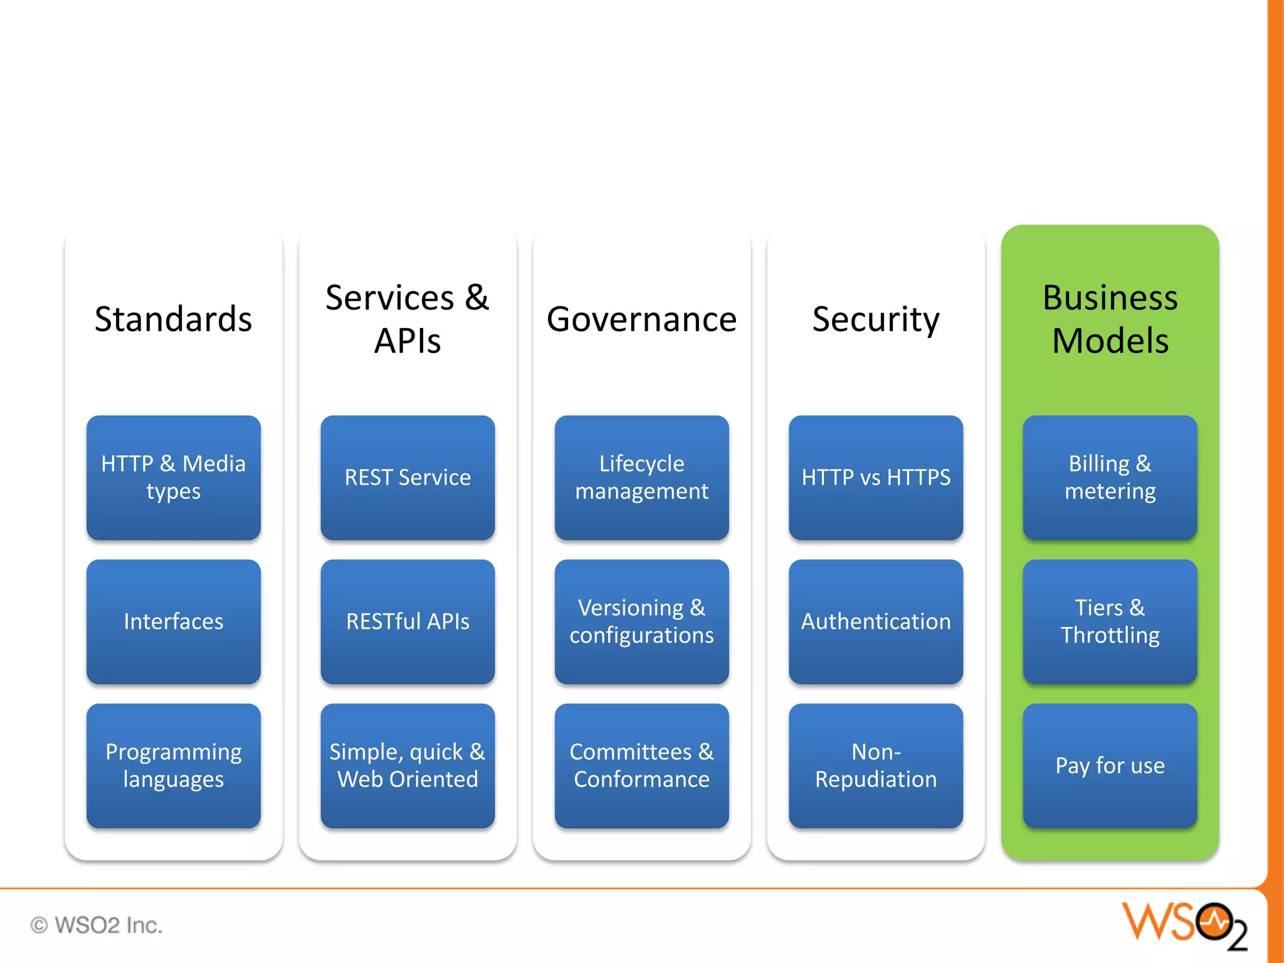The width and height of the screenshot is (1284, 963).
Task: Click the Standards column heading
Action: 173,319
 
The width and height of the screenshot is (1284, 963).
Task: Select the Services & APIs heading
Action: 408,319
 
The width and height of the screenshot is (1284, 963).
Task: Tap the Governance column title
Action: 641,319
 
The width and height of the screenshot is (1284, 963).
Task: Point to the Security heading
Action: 876,319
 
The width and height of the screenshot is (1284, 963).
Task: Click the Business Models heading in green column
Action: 1110,319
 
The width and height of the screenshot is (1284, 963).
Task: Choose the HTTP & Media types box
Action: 173,477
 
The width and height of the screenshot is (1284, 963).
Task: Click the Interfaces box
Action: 173,621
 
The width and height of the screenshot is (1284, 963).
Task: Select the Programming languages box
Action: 173,766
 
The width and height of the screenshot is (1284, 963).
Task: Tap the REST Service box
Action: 408,477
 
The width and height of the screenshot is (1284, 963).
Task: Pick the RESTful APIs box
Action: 408,621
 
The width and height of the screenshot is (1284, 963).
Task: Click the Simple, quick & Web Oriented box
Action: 408,766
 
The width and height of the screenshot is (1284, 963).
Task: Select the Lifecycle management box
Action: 641,477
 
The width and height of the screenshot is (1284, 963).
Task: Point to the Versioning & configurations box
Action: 641,621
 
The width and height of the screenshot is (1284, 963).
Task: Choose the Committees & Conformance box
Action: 641,766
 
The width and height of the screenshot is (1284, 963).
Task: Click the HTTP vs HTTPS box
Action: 876,477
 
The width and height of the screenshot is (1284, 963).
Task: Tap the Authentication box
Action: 876,621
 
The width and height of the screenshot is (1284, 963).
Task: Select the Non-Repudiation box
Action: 876,766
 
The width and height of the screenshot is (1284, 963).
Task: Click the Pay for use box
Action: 1110,766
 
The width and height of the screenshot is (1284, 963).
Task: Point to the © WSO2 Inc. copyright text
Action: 97,925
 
